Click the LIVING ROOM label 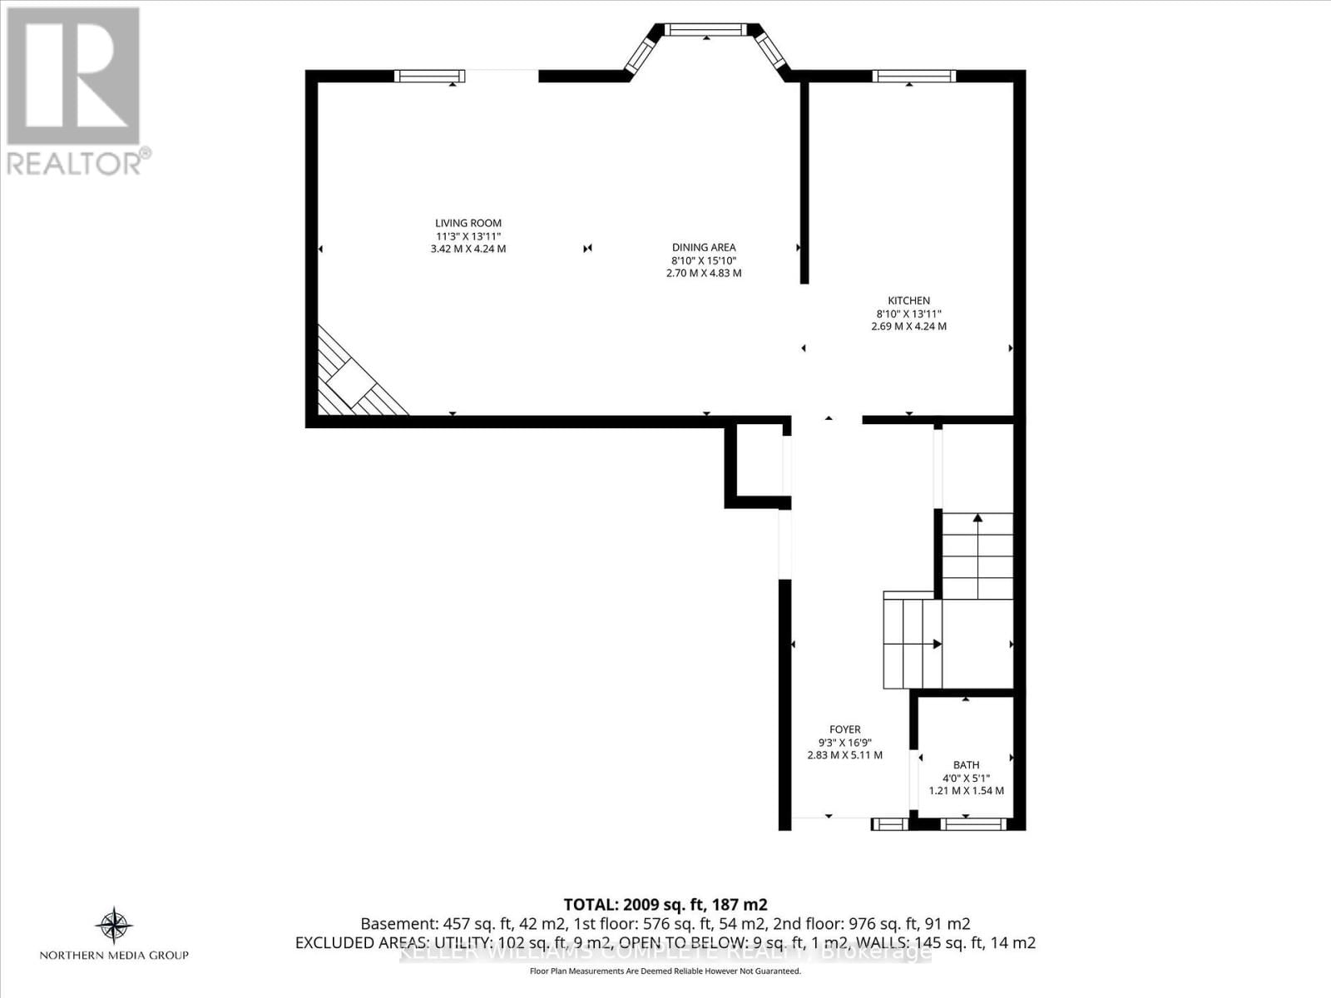[468, 223]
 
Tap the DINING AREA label [703, 247]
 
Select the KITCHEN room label [908, 301]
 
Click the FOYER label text [844, 729]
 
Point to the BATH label [966, 765]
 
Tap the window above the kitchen [913, 77]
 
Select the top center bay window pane [706, 30]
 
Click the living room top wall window [429, 77]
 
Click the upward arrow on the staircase [977, 518]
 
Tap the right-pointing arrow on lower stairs [937, 644]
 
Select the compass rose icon [114, 925]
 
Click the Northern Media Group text [114, 955]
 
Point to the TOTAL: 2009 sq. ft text [665, 904]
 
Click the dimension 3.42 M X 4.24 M [468, 249]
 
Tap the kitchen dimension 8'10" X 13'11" [908, 314]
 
